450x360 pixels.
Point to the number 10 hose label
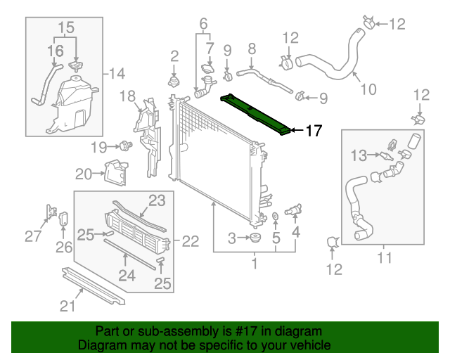coord(368,89)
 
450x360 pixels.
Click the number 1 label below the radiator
coord(255,264)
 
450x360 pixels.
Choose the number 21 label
coord(67,305)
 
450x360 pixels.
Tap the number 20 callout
coord(83,174)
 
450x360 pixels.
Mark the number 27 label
coord(33,236)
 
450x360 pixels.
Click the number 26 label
coord(64,247)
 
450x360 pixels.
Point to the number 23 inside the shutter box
coord(156,200)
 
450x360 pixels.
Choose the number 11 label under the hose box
coord(384,258)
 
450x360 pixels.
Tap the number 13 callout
coord(359,154)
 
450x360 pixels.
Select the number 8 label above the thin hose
coord(252,49)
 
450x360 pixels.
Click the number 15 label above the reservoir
coord(65,28)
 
